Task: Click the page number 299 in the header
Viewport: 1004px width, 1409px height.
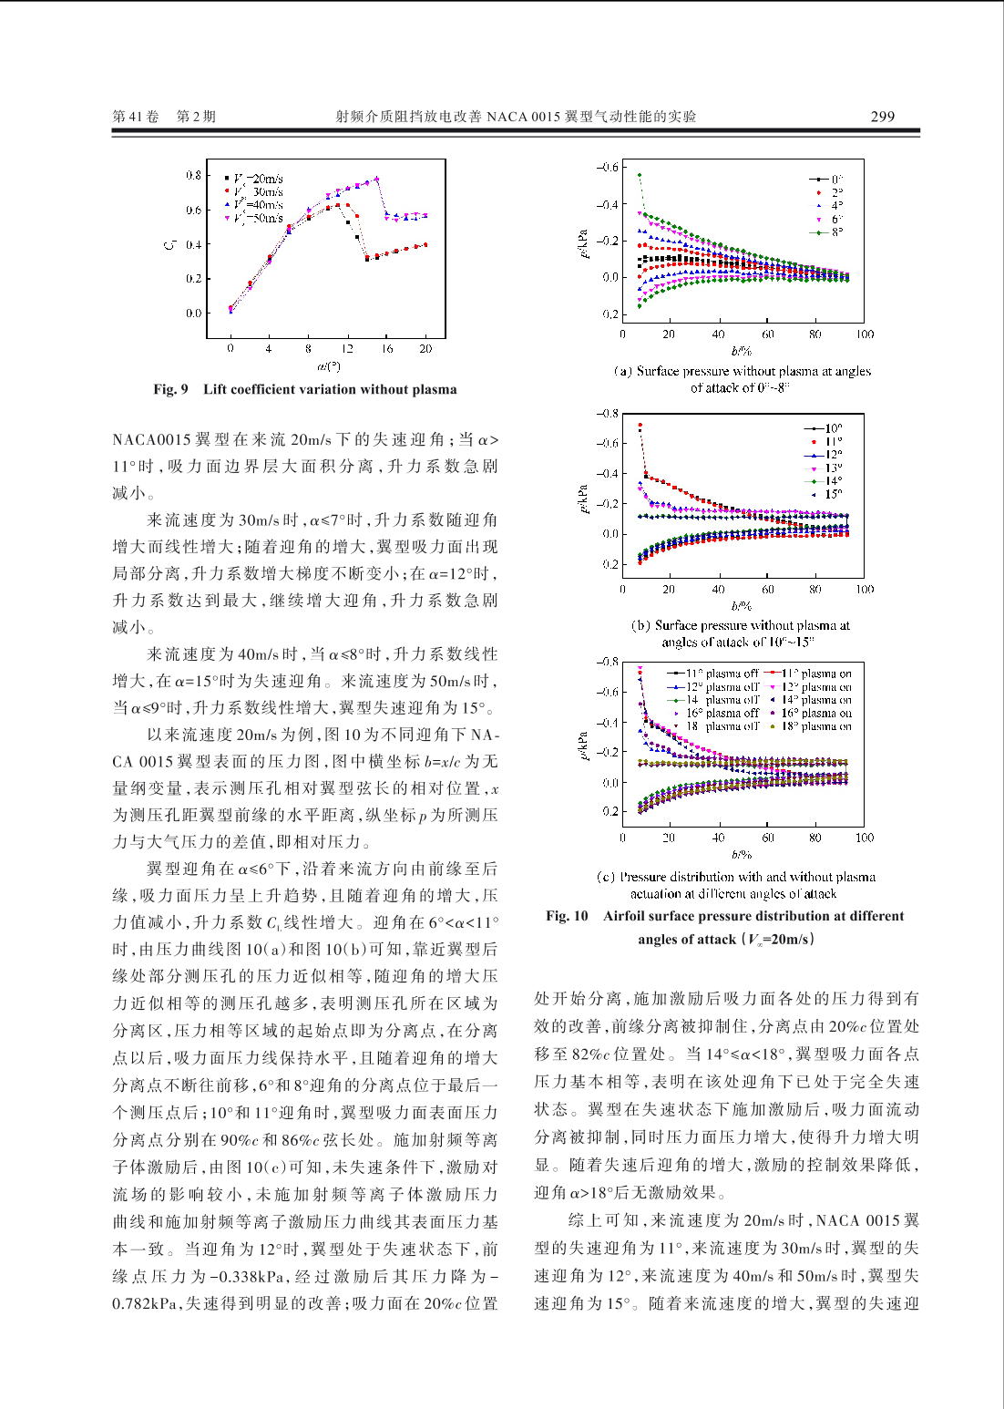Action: click(882, 117)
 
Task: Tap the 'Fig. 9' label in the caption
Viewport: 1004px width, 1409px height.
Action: click(170, 389)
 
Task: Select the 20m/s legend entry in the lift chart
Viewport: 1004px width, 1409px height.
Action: click(259, 179)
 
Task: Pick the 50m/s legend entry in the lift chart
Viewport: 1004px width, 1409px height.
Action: click(259, 218)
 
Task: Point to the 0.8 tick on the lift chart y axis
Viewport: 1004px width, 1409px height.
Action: click(193, 175)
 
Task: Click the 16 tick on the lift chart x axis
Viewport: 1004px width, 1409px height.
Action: click(387, 348)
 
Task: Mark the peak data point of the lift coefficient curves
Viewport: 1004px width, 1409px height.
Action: click(376, 179)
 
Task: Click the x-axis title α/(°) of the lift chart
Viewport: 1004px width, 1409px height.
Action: click(328, 366)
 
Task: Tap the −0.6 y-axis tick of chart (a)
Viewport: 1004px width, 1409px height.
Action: click(607, 168)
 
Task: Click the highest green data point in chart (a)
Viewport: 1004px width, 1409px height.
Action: click(640, 174)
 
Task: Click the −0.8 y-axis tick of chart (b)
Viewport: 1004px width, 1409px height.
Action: click(607, 414)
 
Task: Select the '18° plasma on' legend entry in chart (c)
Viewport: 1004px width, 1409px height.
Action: click(815, 726)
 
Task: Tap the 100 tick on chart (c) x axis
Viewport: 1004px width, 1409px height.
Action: click(864, 838)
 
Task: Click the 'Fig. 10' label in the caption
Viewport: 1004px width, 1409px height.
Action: click(567, 916)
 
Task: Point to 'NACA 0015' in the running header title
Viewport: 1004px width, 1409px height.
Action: click(523, 117)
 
